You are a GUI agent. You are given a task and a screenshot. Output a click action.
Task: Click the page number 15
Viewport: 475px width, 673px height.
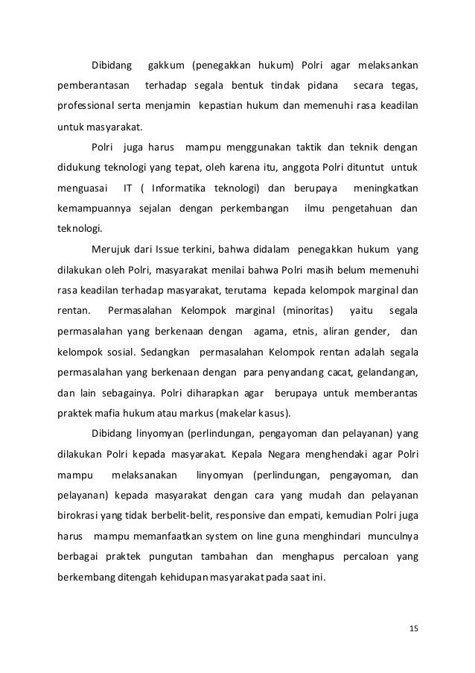(x=413, y=628)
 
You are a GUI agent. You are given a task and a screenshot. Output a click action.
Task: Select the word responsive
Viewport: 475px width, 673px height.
(x=251, y=516)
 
